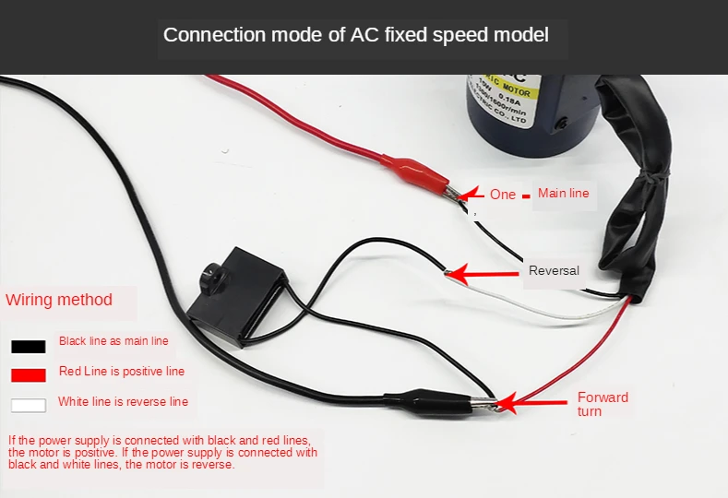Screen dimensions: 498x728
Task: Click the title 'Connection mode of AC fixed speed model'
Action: coord(355,35)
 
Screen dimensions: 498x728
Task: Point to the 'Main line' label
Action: coord(563,193)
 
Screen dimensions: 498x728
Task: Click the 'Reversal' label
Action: coord(554,270)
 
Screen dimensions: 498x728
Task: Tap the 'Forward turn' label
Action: coord(603,404)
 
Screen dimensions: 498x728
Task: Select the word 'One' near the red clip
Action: coord(503,195)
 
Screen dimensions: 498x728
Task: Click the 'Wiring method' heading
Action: coord(59,300)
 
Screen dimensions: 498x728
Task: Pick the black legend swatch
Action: coord(29,348)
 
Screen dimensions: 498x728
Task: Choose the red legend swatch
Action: coord(29,375)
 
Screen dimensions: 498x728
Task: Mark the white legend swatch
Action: coord(29,405)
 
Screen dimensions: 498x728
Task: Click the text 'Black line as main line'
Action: coord(113,341)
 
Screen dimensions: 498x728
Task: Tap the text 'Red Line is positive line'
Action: coord(121,372)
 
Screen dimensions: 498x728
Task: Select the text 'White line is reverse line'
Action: coord(123,402)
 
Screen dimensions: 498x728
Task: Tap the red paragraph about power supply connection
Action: coord(162,452)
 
